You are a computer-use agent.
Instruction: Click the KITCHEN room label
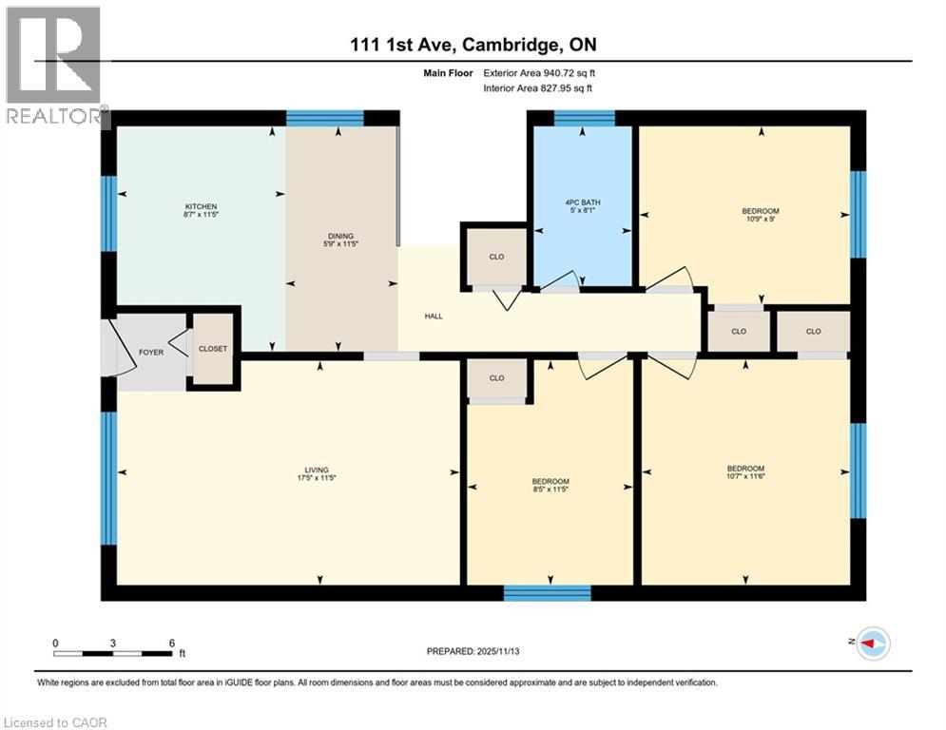click(x=201, y=206)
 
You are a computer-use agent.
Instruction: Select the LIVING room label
click(x=316, y=470)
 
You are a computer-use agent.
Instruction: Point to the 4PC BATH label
click(x=583, y=202)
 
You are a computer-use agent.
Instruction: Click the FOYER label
click(x=151, y=352)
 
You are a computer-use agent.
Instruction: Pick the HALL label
click(x=434, y=317)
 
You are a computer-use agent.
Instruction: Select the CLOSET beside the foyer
click(x=213, y=349)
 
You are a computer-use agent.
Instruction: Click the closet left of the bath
click(x=496, y=258)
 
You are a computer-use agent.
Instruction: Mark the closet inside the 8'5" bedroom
click(x=496, y=378)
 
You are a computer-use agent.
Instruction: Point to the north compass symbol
click(x=873, y=644)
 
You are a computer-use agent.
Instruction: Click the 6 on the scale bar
click(x=172, y=644)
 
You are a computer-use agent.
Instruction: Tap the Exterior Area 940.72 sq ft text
click(x=539, y=72)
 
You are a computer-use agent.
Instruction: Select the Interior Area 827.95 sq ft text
click(x=539, y=88)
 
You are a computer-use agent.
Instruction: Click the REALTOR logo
click(x=54, y=67)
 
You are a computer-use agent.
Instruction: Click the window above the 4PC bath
click(x=584, y=119)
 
